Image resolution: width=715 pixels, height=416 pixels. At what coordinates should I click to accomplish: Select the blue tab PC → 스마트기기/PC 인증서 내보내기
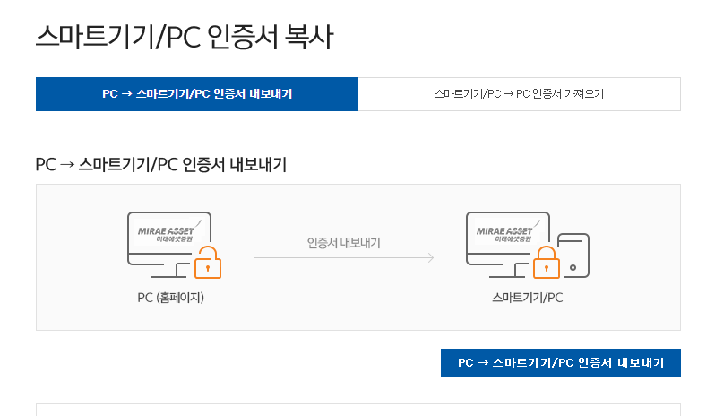(x=196, y=94)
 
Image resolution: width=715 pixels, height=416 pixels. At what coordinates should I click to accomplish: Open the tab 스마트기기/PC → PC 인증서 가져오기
(x=519, y=94)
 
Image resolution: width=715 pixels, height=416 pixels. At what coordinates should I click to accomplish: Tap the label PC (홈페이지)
(x=170, y=297)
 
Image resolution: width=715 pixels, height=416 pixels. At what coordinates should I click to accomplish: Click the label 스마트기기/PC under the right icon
(x=527, y=297)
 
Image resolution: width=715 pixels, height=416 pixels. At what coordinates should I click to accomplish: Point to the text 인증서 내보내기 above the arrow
(x=343, y=243)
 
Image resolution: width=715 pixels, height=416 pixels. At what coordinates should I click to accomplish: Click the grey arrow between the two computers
(x=343, y=258)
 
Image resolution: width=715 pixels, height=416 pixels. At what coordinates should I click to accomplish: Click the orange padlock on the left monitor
(x=208, y=263)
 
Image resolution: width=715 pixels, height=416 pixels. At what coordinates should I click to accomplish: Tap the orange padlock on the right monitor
(x=546, y=264)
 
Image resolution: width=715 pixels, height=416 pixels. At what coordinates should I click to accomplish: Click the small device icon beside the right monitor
(x=573, y=256)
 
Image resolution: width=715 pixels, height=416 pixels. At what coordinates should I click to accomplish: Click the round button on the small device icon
(x=573, y=267)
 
